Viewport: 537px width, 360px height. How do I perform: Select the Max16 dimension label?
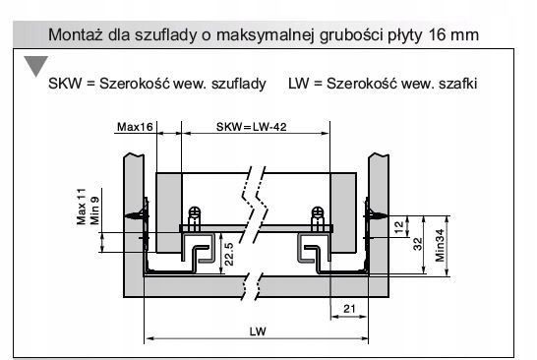pyautogui.click(x=134, y=128)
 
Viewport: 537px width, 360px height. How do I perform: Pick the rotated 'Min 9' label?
pyautogui.click(x=95, y=210)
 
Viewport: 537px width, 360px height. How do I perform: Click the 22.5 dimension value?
pyautogui.click(x=228, y=254)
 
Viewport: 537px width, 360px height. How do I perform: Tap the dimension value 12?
pyautogui.click(x=397, y=228)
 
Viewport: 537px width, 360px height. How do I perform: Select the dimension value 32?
pyautogui.click(x=417, y=245)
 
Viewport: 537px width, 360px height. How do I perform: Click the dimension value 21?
pyautogui.click(x=348, y=309)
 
